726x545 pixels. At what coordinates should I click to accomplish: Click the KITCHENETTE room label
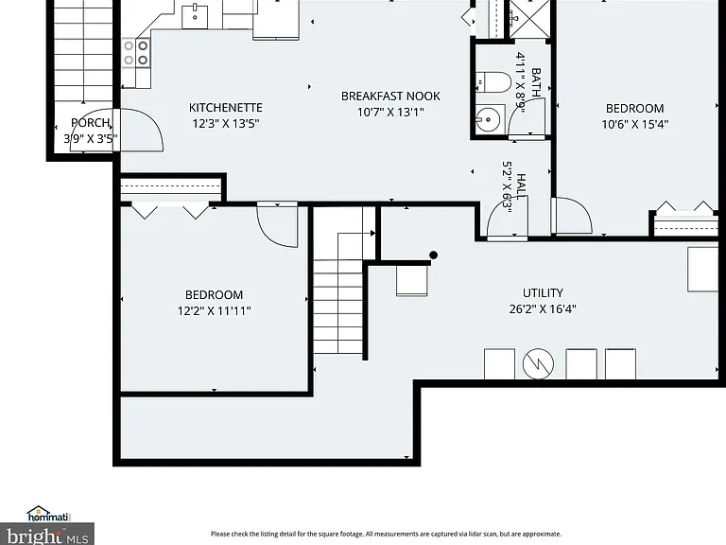[226, 108]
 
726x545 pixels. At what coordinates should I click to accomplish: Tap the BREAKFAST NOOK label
[390, 96]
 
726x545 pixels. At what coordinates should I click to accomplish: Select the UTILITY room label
[543, 293]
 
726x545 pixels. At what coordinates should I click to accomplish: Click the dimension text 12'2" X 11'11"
[215, 310]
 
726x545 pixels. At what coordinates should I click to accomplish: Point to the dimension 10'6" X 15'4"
[635, 124]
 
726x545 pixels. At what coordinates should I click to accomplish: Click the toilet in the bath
[493, 82]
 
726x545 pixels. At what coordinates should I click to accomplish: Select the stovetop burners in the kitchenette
[136, 52]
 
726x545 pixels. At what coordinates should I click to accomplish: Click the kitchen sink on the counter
[195, 17]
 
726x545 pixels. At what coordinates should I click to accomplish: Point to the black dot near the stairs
[433, 255]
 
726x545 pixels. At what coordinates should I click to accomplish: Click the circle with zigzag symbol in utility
[538, 363]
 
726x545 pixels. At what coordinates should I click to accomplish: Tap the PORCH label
[91, 123]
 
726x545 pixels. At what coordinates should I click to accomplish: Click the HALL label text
[521, 186]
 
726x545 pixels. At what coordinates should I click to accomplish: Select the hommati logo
[48, 514]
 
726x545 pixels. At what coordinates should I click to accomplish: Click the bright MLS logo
[46, 535]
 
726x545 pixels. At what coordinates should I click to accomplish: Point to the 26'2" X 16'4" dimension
[543, 308]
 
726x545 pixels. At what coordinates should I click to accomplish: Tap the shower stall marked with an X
[529, 20]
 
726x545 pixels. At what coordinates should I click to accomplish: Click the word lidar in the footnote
[464, 534]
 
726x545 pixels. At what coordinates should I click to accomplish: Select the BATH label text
[536, 82]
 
